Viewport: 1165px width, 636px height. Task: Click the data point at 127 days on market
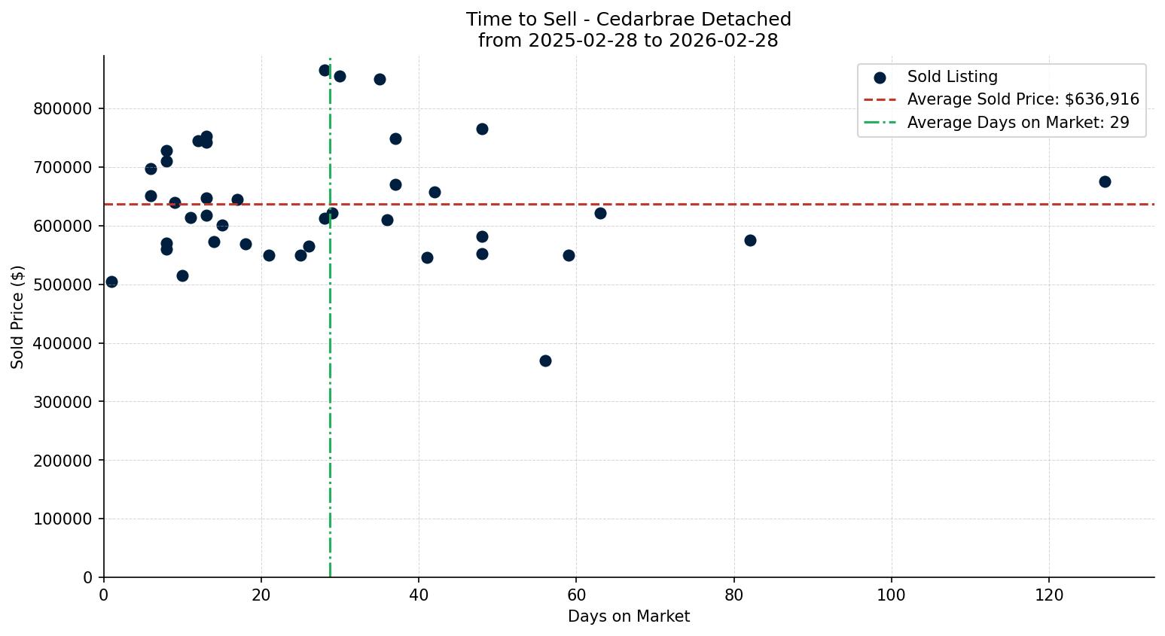click(1104, 181)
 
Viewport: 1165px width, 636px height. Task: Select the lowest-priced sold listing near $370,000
click(545, 361)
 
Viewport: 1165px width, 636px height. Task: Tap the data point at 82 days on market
click(750, 240)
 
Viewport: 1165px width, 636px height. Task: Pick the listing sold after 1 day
click(111, 281)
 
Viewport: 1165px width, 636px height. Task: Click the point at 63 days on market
click(600, 213)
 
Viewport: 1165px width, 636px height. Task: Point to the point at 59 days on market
click(569, 255)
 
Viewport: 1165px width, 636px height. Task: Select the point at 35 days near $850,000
click(380, 79)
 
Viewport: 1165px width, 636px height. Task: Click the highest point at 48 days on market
click(482, 129)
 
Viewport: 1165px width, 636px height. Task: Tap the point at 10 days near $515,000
click(182, 275)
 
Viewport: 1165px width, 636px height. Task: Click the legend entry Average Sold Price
click(1023, 99)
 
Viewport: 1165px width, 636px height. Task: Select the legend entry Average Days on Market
click(1017, 123)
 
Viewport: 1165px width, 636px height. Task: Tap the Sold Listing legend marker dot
click(880, 78)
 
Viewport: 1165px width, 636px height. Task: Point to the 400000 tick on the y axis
click(63, 343)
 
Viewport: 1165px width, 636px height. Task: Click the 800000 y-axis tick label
click(63, 108)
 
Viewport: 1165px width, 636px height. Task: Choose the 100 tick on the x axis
click(892, 595)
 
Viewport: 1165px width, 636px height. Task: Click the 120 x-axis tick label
click(1049, 595)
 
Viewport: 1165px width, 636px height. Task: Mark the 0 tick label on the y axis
click(88, 577)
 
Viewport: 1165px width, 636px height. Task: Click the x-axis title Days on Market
click(628, 616)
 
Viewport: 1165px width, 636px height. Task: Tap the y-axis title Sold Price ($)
click(17, 317)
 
